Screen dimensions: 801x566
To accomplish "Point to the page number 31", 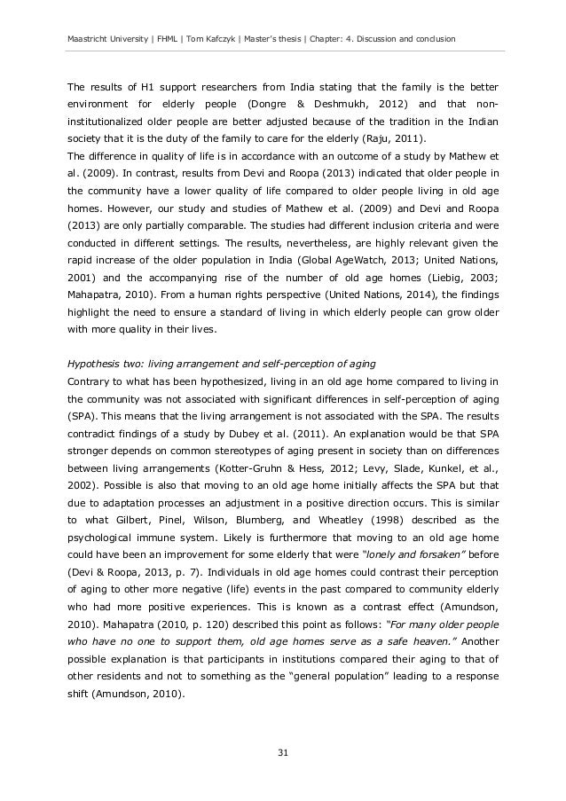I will pos(282,753).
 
